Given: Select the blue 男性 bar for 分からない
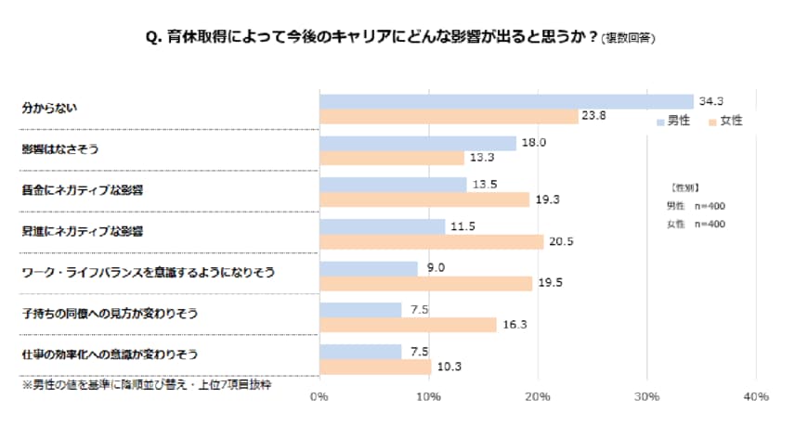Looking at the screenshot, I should point(506,101).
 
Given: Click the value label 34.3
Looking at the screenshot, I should point(710,100).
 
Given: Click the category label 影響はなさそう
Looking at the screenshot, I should point(59,149).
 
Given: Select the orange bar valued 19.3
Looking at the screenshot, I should point(424,200).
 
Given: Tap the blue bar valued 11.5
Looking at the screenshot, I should point(382,226).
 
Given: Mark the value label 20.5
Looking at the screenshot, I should point(560,241).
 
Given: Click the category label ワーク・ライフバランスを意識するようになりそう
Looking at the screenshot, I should point(149,274).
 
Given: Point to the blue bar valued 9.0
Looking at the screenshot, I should point(368,268).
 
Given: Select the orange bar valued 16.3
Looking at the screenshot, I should point(408,325).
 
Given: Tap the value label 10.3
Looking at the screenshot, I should point(449,367).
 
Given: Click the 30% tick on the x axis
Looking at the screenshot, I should point(646,397).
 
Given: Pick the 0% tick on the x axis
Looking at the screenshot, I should point(319,397).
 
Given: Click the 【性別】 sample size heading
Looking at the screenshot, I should point(687,187).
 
